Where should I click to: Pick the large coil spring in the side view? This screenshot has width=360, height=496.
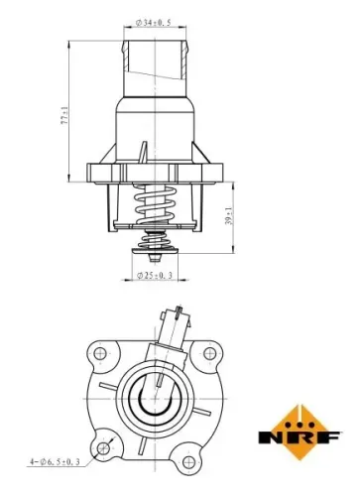155,207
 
